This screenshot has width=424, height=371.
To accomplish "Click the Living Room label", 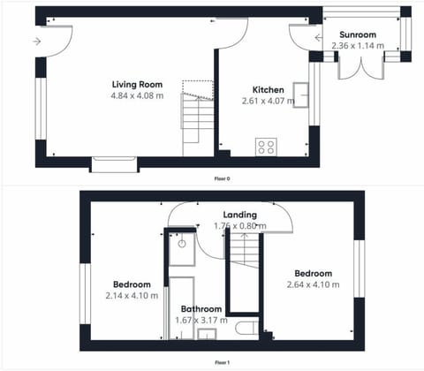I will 136,83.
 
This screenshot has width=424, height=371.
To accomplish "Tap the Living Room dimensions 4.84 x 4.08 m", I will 136,95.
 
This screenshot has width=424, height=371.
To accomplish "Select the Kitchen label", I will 268,90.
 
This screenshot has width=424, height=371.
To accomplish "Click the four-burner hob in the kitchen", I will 266,147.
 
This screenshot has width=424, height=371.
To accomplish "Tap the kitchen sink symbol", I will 302,93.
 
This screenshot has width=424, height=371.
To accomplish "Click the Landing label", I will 239,214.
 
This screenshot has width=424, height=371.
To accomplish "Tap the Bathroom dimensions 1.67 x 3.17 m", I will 201,321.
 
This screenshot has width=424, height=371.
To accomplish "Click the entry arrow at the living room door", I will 36,41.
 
